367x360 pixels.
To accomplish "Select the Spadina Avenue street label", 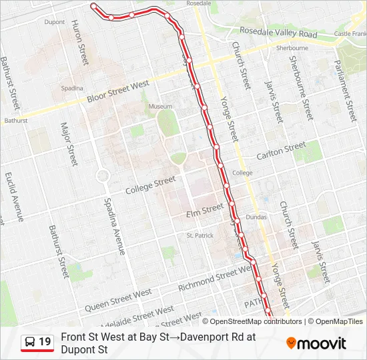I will coord(113,227).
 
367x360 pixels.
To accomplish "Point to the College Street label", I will coord(151,185).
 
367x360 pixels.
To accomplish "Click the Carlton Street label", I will coord(281,150).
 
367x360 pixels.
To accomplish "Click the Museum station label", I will coord(160,107).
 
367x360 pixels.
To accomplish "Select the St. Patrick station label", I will coord(200,235).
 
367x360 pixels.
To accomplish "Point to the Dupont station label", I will coord(55,22).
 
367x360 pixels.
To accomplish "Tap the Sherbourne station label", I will coord(292,48).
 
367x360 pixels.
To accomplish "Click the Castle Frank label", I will coord(350,33).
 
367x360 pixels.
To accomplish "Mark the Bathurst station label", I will coord(16,121).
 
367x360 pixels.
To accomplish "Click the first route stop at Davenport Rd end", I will coord(93,7).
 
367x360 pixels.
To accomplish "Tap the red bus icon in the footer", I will coord(29,343).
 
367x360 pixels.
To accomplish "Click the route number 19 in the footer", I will coord(45,343).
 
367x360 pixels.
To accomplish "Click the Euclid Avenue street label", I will coord(14,197).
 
